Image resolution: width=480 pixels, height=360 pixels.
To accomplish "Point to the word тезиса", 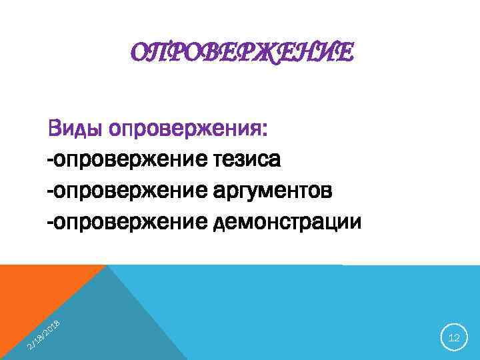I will [x=247, y=160].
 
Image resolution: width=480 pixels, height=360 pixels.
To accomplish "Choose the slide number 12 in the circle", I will [x=454, y=339].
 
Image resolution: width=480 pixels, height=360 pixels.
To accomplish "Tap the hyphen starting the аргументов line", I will [x=50, y=193].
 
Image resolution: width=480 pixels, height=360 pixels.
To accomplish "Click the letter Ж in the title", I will [x=257, y=51].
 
